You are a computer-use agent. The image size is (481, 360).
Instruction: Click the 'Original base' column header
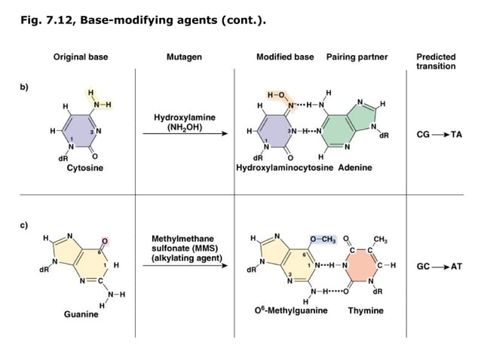(78, 57)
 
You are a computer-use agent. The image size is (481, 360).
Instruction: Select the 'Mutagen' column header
(183, 57)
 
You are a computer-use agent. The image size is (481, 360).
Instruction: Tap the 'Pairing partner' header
(357, 57)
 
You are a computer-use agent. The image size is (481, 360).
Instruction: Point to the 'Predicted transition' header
(436, 62)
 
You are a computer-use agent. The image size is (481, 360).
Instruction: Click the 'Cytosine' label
(85, 168)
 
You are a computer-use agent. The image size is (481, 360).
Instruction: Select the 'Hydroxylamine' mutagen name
(184, 117)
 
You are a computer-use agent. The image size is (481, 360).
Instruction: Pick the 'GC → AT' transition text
(439, 267)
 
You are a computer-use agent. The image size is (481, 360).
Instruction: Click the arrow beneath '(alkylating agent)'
(184, 267)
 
